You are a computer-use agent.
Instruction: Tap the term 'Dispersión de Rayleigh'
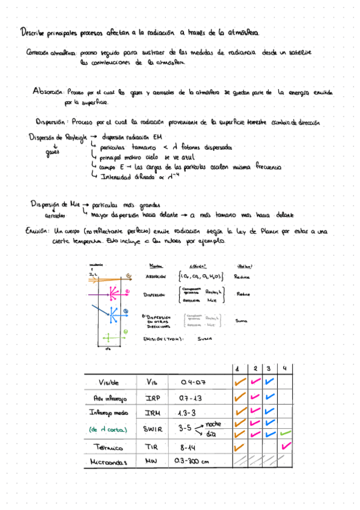57,137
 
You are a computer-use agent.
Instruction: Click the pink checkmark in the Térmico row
285,446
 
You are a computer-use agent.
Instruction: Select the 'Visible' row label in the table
109,382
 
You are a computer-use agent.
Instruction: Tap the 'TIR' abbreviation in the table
152,446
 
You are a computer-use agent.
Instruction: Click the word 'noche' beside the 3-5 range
213,423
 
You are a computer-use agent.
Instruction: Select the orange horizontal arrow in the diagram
105,278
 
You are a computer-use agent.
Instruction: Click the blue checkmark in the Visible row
270,381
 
